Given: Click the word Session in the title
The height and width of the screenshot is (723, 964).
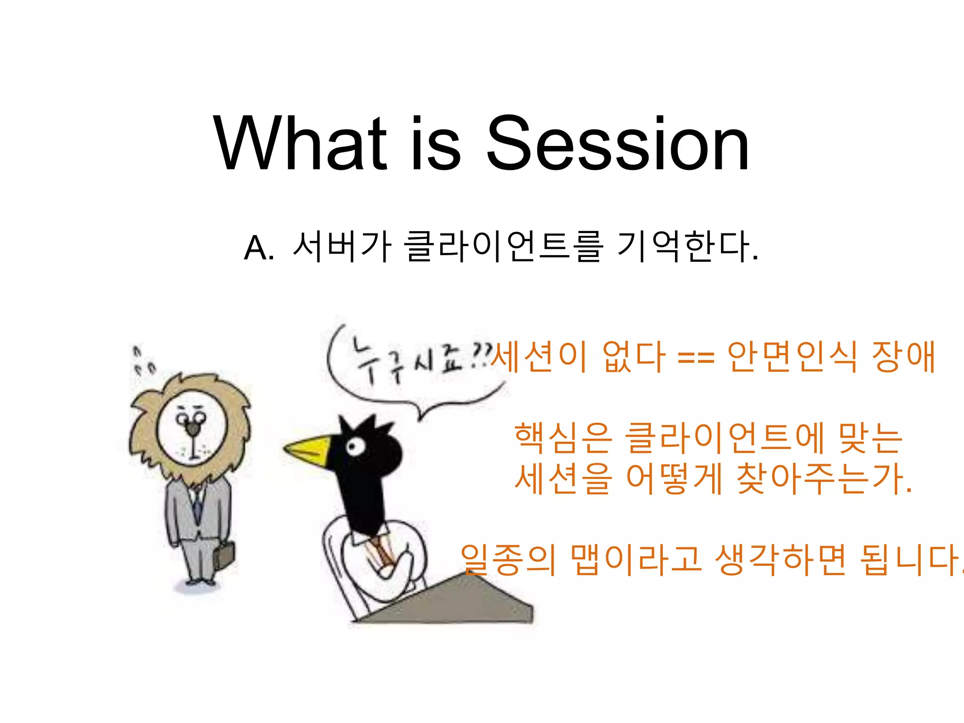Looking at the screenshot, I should [618, 144].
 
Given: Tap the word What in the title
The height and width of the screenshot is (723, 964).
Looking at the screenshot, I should [300, 144].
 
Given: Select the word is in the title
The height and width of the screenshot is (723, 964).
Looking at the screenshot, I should [435, 144].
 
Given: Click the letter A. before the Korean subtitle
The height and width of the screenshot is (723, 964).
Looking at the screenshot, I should [259, 248].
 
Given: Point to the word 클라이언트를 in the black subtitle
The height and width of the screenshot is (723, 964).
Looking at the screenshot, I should [504, 246].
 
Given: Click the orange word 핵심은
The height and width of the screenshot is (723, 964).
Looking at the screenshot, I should [563, 438].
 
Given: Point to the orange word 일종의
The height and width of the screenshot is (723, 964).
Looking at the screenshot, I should [508, 560].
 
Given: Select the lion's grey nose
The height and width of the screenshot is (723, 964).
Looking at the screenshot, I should [192, 428].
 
